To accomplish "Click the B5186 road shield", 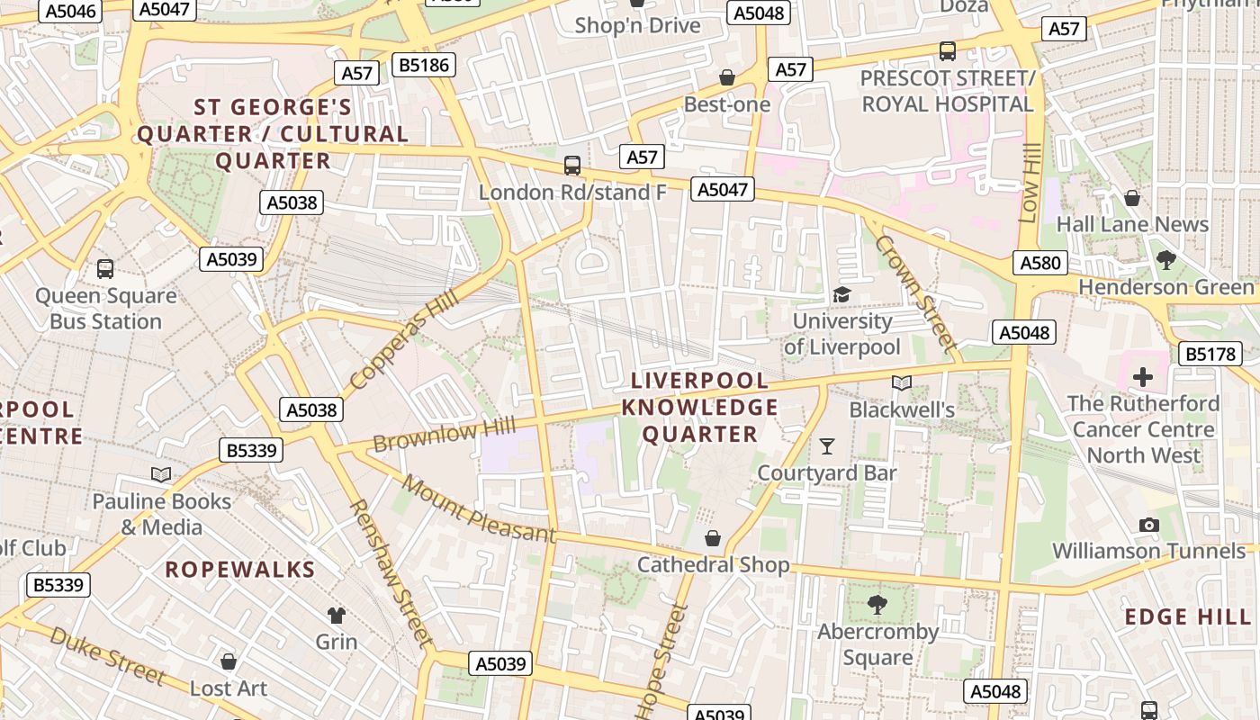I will click(x=426, y=65).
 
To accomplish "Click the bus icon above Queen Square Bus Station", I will click(x=105, y=268).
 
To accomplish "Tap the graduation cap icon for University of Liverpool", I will click(x=841, y=294).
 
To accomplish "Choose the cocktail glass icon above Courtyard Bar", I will click(x=827, y=445).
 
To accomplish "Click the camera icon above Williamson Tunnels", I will click(x=1148, y=525).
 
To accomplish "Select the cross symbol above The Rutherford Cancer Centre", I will click(x=1143, y=376).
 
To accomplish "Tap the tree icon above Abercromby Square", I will click(x=877, y=605).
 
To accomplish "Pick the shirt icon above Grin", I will click(x=337, y=615).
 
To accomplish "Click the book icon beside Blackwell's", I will click(x=902, y=383).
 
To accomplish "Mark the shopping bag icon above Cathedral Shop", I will click(x=713, y=538).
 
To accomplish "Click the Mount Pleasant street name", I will click(x=479, y=510).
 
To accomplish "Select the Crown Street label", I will click(x=914, y=292).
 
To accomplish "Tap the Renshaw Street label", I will click(x=391, y=573).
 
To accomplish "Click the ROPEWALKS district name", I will click(x=240, y=570).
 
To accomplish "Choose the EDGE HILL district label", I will click(x=1188, y=617).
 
